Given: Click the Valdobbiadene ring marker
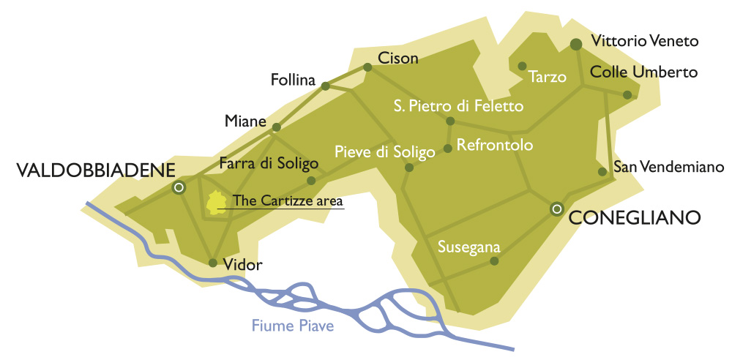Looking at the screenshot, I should [178, 188].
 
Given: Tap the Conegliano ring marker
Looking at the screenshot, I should [556, 209].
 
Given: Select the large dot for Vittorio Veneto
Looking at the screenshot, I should [576, 45].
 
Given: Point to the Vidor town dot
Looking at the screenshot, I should [212, 263].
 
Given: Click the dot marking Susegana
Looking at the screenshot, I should [494, 260].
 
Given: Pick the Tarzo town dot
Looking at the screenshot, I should [523, 66].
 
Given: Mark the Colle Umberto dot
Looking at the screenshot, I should [627, 94].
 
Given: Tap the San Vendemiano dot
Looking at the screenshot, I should [602, 172].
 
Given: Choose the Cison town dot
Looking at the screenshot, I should [368, 67].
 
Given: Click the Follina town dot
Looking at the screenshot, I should [326, 86].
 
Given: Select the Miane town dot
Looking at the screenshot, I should [276, 127].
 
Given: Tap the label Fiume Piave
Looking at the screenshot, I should [293, 326].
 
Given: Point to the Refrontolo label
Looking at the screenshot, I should [495, 145].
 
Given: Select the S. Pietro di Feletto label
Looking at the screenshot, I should [458, 106].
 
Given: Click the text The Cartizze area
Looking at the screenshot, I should [288, 200].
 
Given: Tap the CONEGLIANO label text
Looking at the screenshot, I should [635, 217].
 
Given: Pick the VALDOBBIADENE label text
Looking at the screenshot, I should [95, 170].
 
